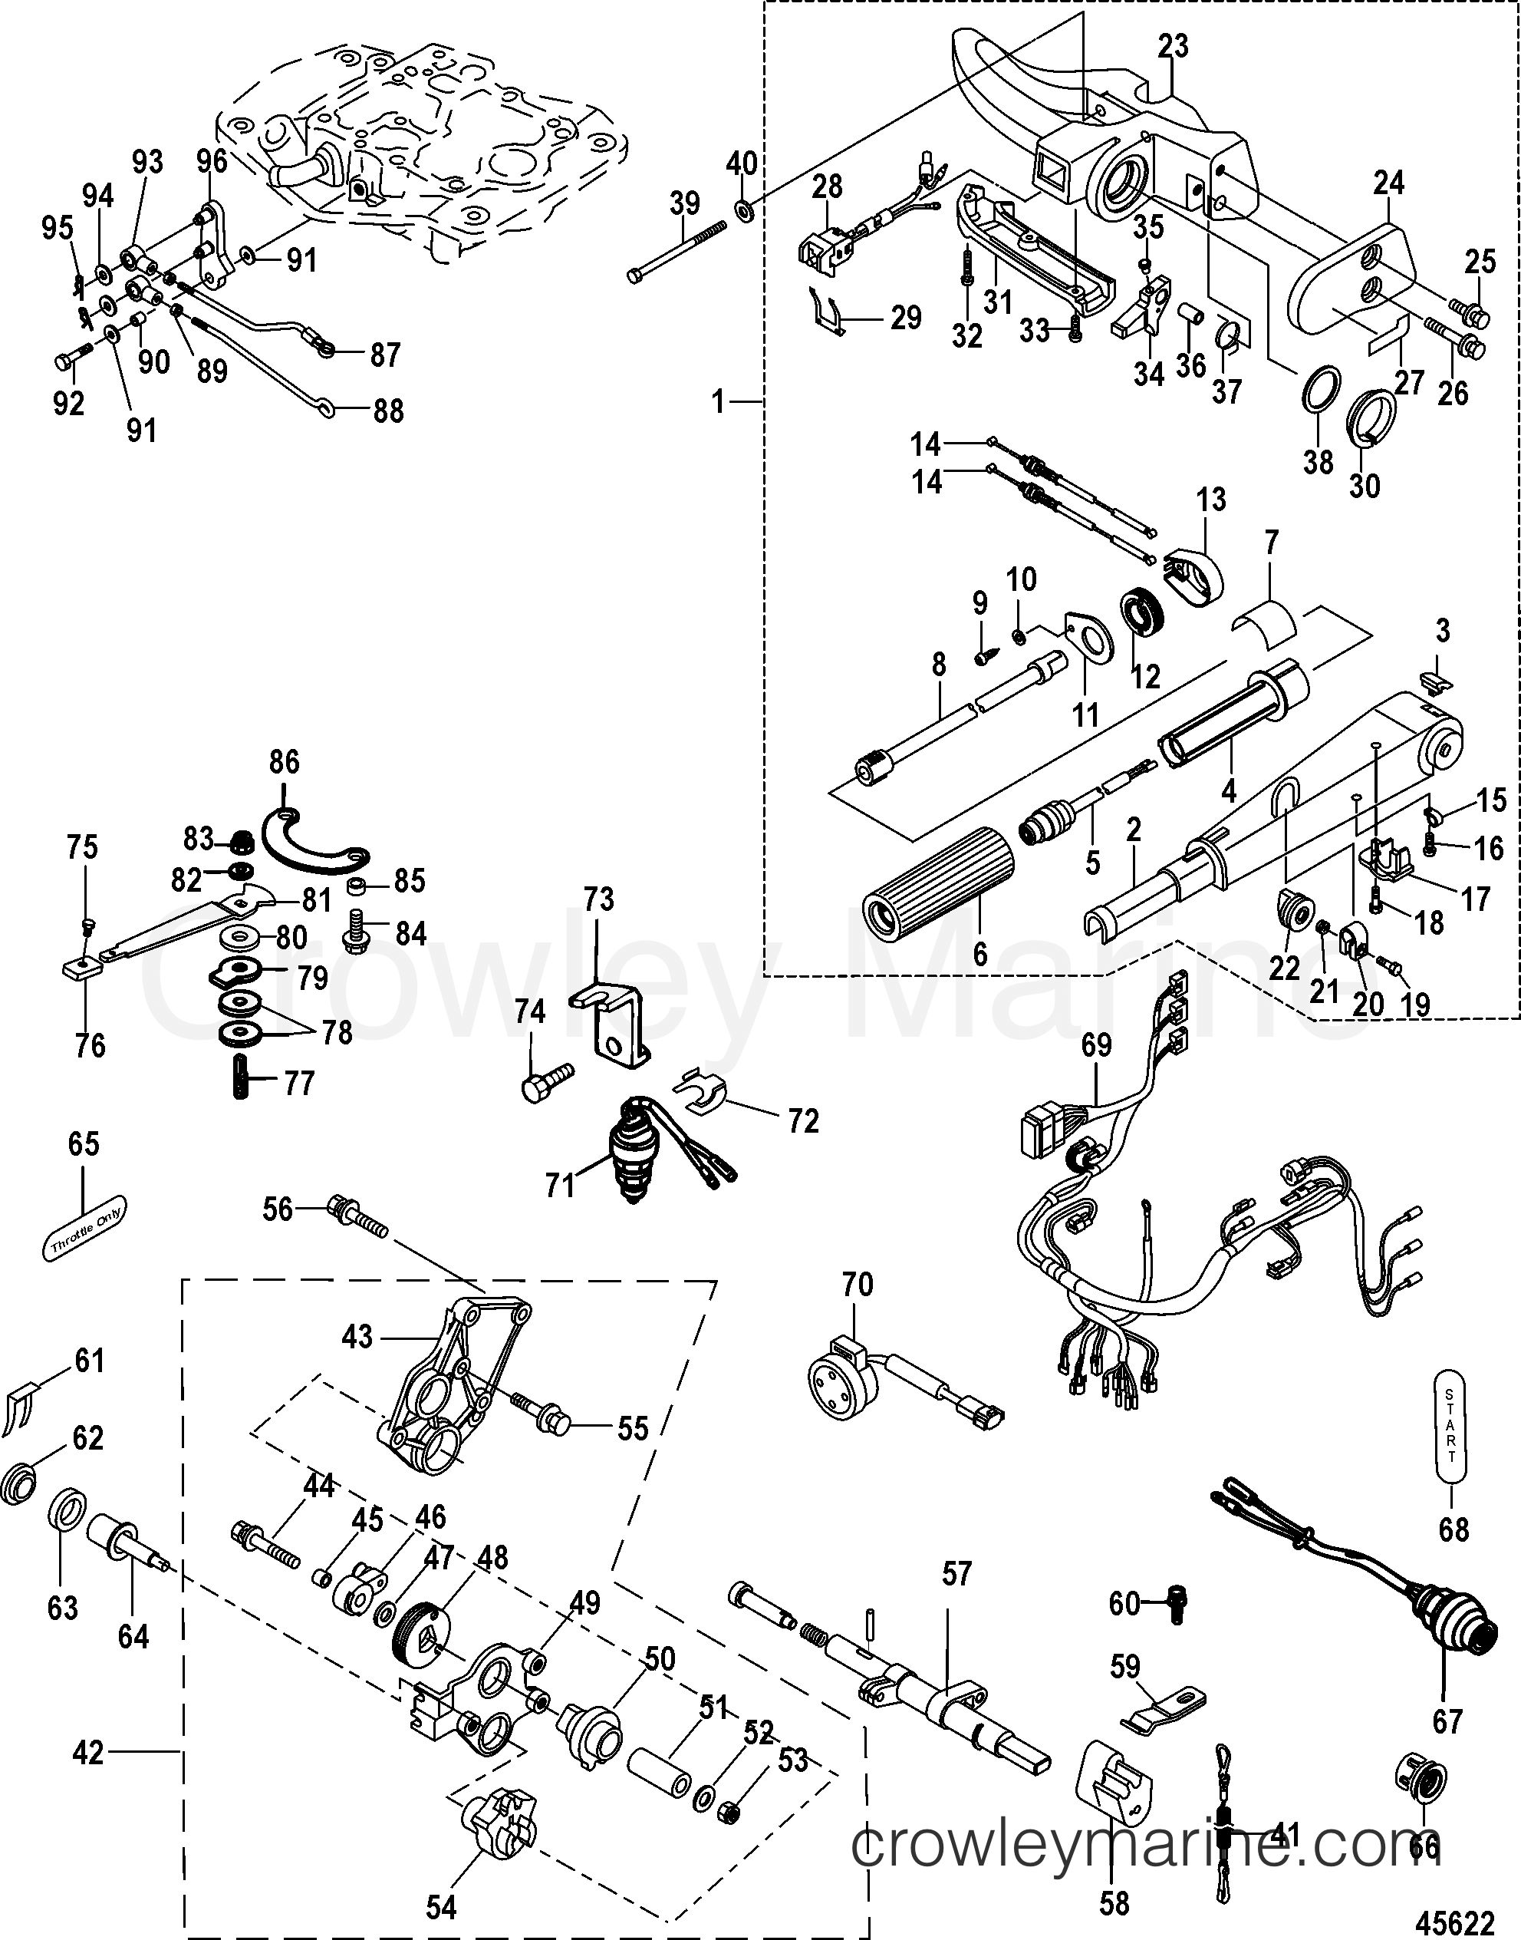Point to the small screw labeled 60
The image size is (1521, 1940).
[x=1177, y=1603]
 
